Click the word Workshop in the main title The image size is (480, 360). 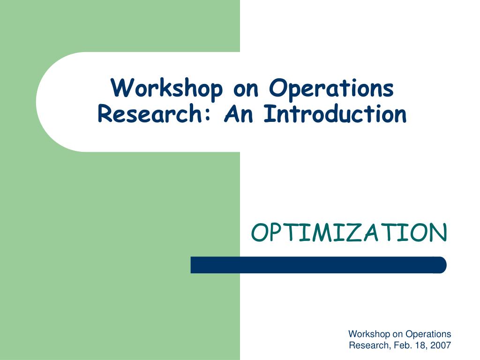pyautogui.click(x=167, y=88)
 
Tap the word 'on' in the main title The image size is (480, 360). pyautogui.click(x=246, y=90)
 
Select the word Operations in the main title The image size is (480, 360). pyautogui.click(x=331, y=89)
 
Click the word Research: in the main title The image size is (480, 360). pyautogui.click(x=154, y=114)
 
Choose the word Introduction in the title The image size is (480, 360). pyautogui.click(x=335, y=114)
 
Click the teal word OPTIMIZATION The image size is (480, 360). pyautogui.click(x=349, y=232)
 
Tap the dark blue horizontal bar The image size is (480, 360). pyautogui.click(x=318, y=265)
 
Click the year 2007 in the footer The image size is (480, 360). pyautogui.click(x=441, y=345)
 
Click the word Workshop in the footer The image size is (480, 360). pyautogui.click(x=369, y=334)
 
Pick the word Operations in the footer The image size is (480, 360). pyautogui.click(x=428, y=334)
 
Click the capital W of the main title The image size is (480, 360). pyautogui.click(x=122, y=88)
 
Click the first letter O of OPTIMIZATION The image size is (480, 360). pyautogui.click(x=260, y=232)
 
